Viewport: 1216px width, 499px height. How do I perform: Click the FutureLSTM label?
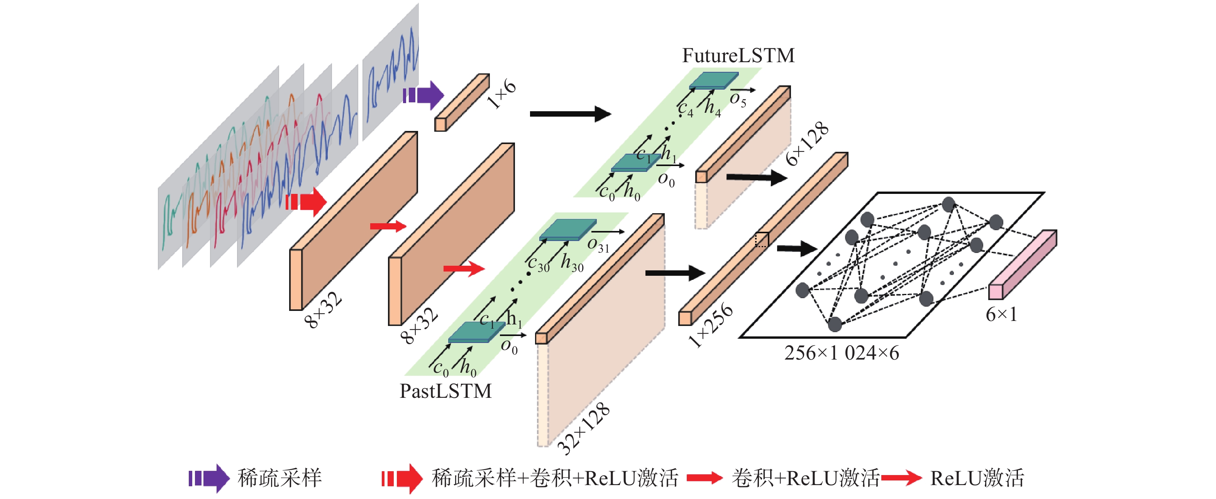point(738,56)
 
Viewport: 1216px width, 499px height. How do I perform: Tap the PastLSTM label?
point(445,391)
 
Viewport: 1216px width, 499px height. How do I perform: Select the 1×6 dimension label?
point(502,93)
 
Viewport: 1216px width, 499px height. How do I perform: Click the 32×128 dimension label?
point(583,429)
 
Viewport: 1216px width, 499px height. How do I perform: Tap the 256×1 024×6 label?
point(842,353)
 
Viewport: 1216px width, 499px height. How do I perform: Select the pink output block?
point(1023,265)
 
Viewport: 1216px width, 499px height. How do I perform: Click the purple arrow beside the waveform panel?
point(423,95)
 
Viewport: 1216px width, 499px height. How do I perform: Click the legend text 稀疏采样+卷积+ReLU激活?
point(555,478)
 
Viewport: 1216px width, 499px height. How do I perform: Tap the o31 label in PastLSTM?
point(598,245)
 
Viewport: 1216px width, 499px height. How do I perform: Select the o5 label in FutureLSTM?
point(738,100)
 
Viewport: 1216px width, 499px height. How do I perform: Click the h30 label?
point(572,263)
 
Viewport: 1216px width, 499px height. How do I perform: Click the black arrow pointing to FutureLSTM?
point(570,114)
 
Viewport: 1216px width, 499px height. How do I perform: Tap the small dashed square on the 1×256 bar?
point(761,240)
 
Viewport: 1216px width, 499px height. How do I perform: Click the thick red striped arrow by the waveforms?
point(306,202)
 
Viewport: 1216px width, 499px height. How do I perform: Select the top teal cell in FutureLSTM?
point(714,80)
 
